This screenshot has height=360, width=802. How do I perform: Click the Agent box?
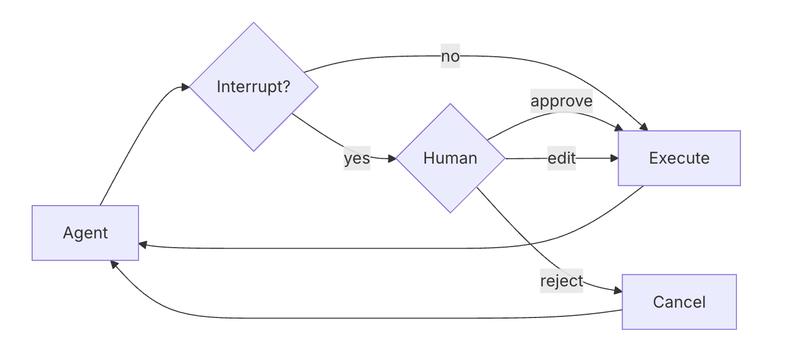pyautogui.click(x=85, y=233)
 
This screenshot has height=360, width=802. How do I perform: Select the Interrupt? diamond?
pyautogui.click(x=254, y=87)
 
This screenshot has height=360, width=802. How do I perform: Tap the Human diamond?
pyautogui.click(x=450, y=158)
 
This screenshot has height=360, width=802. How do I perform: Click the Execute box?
pyautogui.click(x=679, y=158)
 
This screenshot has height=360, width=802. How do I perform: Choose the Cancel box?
pyautogui.click(x=679, y=302)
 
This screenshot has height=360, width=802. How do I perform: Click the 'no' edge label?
pyautogui.click(x=450, y=57)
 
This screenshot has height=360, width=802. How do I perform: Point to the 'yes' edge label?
pyautogui.click(x=357, y=159)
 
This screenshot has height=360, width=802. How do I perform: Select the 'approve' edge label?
pyautogui.click(x=561, y=101)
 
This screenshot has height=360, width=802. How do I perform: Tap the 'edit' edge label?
pyautogui.click(x=561, y=158)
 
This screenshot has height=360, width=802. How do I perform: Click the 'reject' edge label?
pyautogui.click(x=561, y=281)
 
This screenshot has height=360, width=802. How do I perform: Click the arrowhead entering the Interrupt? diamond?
pyautogui.click(x=185, y=87)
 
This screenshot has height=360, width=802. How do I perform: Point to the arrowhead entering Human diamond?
pyautogui.click(x=392, y=159)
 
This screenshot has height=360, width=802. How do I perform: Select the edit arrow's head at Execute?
pyautogui.click(x=614, y=158)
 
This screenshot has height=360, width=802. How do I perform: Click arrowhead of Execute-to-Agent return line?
pyautogui.click(x=143, y=245)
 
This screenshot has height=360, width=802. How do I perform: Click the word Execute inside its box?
pyautogui.click(x=679, y=158)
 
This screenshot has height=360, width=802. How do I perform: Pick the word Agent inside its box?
pyautogui.click(x=85, y=233)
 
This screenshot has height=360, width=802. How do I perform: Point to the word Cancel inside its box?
pyautogui.click(x=679, y=302)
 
